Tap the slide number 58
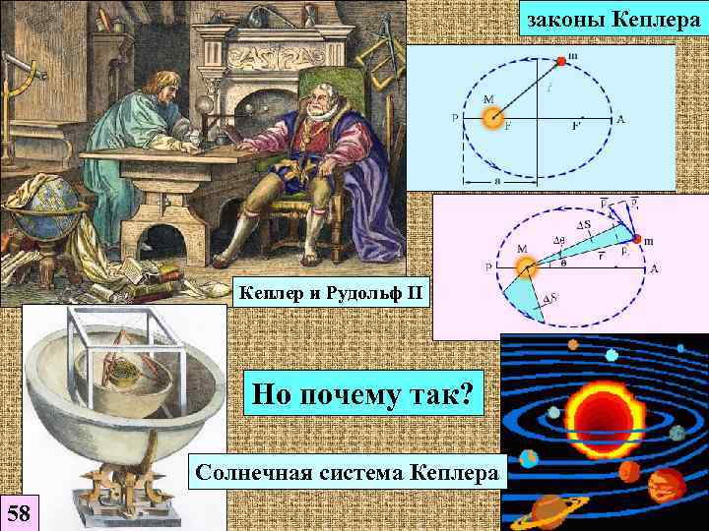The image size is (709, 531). tap(19, 511)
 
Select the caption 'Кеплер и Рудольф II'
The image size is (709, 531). tap(331, 292)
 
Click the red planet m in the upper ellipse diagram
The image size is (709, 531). tap(562, 60)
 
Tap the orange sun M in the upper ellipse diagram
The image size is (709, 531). tap(490, 118)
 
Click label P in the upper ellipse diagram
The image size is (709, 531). tap(454, 119)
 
